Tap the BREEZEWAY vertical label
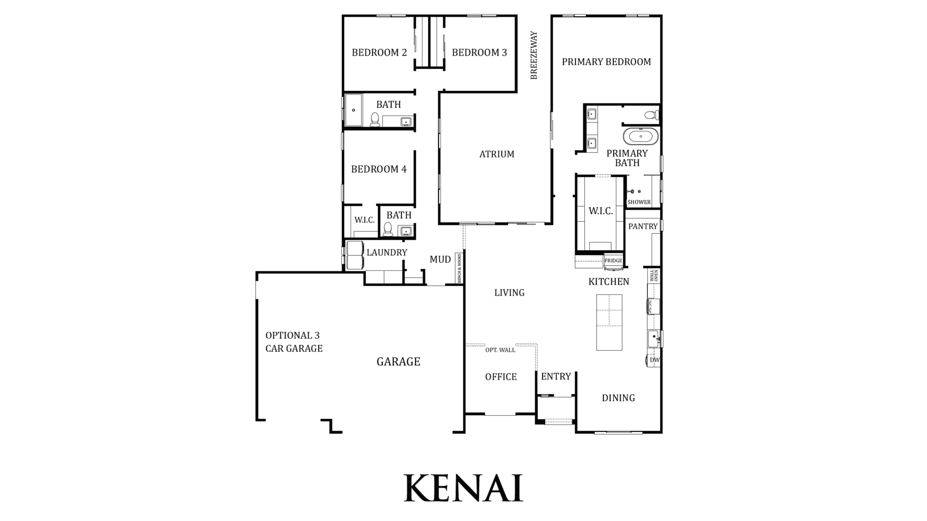[x=534, y=55]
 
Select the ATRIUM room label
[x=497, y=154]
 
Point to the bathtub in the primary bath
[x=641, y=136]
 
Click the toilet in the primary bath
[x=651, y=115]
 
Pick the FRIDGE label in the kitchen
[x=613, y=260]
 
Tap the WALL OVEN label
[x=654, y=275]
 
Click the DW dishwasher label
[x=655, y=360]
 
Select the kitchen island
[x=609, y=322]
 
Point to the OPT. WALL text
[x=500, y=350]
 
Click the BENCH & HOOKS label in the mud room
[x=459, y=268]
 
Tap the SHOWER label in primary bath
[x=639, y=202]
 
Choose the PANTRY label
[x=643, y=226]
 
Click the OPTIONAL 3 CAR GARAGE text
[x=294, y=342]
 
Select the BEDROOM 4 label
[x=379, y=169]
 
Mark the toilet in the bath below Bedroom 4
[x=388, y=229]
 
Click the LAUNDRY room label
[x=387, y=253]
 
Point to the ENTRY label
[x=556, y=377]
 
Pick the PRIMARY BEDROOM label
[x=606, y=62]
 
